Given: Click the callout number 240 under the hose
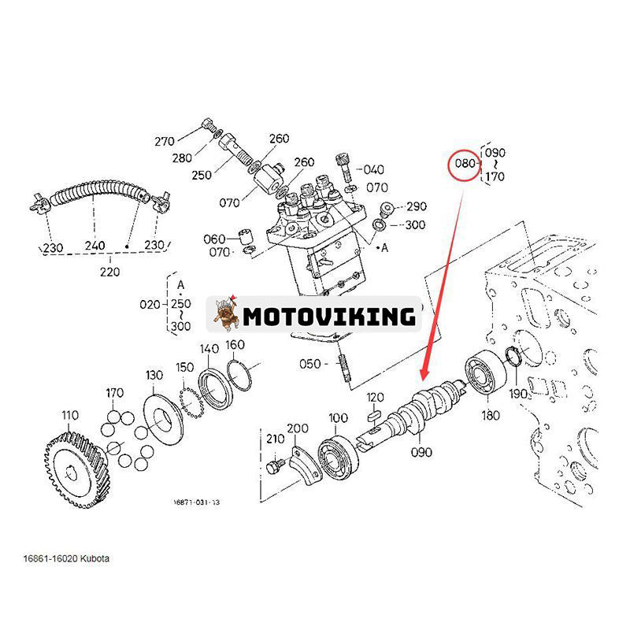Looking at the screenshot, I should coord(95,246).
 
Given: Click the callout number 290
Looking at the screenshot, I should coord(416,206).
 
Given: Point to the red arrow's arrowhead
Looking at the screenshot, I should coord(424,372).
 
